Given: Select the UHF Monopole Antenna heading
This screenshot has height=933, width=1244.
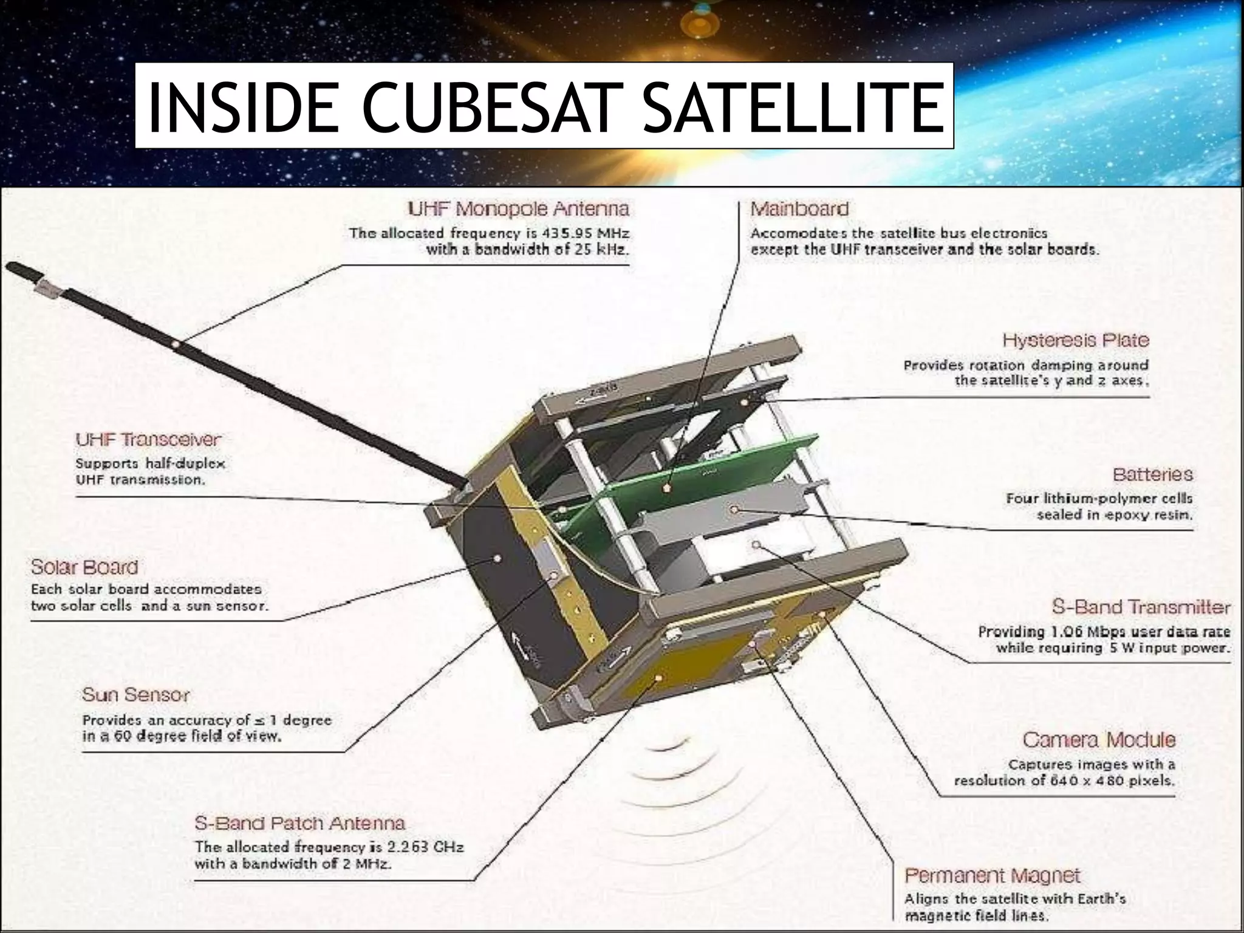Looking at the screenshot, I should [x=518, y=210].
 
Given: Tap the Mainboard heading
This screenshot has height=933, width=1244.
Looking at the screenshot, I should [x=799, y=210].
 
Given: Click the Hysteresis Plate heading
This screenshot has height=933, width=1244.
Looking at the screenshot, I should [x=1076, y=340].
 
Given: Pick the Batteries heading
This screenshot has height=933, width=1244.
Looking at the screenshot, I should [x=1152, y=474].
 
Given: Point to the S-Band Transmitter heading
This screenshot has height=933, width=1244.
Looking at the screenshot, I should [x=1141, y=607].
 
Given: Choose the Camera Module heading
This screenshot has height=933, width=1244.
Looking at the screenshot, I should [x=1099, y=740].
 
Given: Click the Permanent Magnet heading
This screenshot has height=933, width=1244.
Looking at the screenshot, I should [x=992, y=876].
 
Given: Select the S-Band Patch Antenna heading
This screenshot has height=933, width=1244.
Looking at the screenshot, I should [x=299, y=824].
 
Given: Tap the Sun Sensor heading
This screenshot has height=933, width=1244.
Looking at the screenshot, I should [x=136, y=694].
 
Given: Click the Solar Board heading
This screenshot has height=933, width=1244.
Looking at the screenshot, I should [x=84, y=567].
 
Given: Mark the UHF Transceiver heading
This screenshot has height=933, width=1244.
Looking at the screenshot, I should [x=148, y=439].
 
